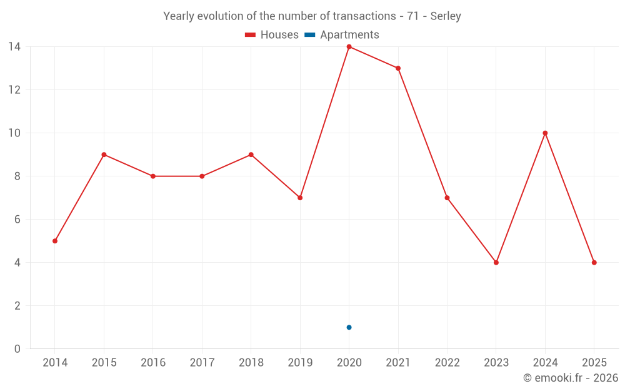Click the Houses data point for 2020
[349, 46]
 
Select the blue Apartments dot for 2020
[349, 327]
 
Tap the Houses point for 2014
[55, 241]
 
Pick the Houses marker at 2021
[398, 68]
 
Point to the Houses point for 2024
[545, 133]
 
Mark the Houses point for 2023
[496, 263]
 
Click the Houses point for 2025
[594, 263]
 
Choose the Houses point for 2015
[104, 155]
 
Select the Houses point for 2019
[300, 198]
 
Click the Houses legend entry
[272, 35]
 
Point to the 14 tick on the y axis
[14, 46]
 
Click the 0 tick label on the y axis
[17, 348]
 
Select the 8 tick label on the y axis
[17, 176]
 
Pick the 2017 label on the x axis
[202, 363]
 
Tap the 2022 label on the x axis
[447, 363]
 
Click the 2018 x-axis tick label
[251, 363]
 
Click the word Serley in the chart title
[446, 16]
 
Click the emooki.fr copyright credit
[571, 378]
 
